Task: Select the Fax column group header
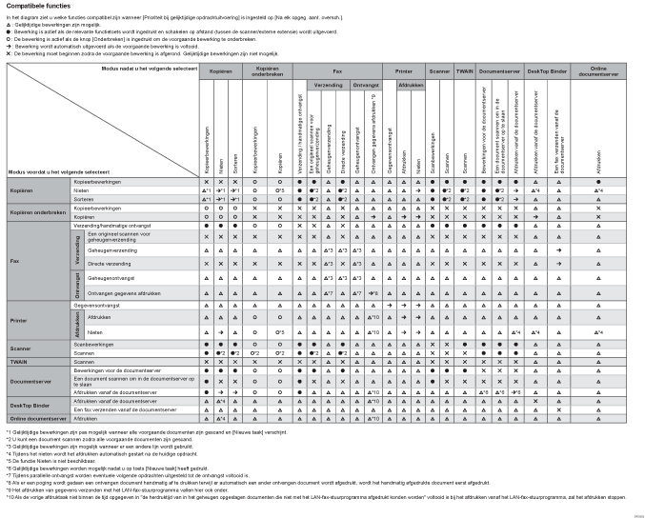tap(338, 71)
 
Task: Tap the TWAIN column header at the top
tap(464, 71)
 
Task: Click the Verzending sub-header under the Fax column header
tap(329, 84)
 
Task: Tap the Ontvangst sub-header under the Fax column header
tap(366, 84)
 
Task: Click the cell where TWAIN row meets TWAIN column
tap(464, 363)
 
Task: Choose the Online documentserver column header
tap(597, 71)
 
